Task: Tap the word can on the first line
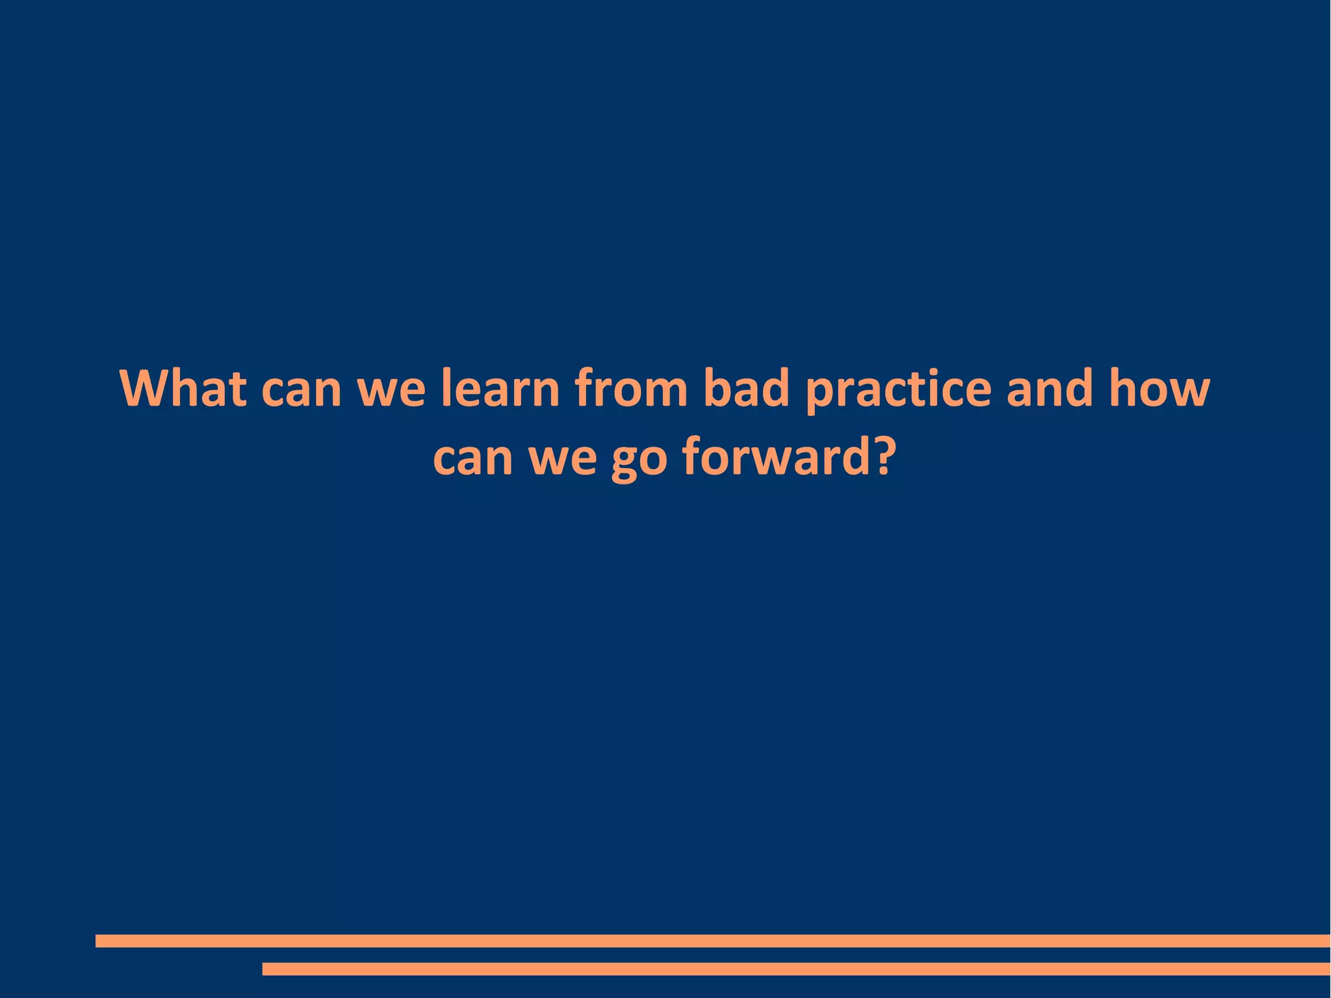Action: pos(301,390)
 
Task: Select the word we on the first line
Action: pos(391,390)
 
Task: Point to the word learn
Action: pos(500,389)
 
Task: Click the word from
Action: pos(630,389)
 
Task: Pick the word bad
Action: pos(747,389)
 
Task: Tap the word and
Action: pos(1050,389)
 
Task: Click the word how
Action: pos(1159,389)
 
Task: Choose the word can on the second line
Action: pos(472,458)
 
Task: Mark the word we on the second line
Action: pos(563,458)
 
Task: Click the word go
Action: pos(640,460)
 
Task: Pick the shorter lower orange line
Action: pos(796,969)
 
